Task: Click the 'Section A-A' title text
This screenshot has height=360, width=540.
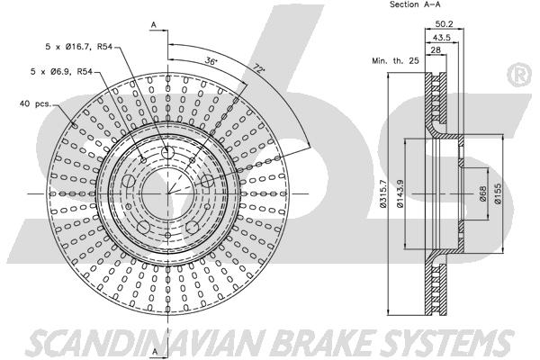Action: click(415, 4)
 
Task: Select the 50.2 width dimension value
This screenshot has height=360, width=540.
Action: click(444, 23)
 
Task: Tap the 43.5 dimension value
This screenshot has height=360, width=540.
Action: click(442, 37)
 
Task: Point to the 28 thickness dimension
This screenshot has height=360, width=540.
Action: click(436, 50)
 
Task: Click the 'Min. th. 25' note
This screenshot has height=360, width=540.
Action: click(395, 61)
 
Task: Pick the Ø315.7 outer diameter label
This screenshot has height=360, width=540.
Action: click(383, 193)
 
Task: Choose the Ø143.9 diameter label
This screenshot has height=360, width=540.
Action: click(400, 193)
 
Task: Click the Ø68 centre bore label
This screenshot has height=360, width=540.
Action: click(482, 193)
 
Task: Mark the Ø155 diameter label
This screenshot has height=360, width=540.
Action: click(498, 193)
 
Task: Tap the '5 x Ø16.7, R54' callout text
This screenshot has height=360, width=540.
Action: click(79, 47)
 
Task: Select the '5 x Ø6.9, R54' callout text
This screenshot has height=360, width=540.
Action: click(61, 72)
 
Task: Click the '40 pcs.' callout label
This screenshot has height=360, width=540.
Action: click(35, 103)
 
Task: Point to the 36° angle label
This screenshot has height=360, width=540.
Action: click(211, 61)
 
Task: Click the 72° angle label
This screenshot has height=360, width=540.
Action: click(259, 68)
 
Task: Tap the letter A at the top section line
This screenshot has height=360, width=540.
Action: click(154, 25)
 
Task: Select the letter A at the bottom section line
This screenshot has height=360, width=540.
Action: click(155, 351)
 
